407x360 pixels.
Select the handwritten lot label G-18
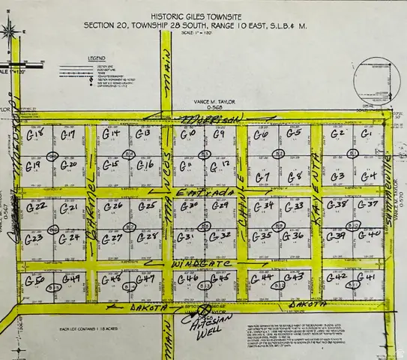click(34, 135)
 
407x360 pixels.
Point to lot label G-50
click(34, 280)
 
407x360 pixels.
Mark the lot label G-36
click(295, 235)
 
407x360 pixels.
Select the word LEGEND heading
click(97, 57)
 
